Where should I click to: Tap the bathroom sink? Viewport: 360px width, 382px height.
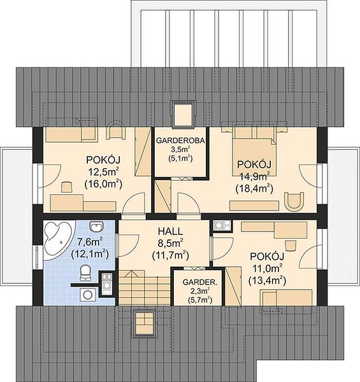click(97, 227)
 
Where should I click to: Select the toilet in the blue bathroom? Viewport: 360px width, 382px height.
click(85, 272)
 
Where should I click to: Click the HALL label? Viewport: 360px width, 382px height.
click(170, 231)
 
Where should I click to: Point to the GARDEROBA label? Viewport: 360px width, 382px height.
click(180, 141)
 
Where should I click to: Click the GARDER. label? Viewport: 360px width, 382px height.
click(199, 282)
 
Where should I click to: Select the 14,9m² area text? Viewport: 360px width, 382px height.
click(254, 176)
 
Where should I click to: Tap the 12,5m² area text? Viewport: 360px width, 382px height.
click(103, 172)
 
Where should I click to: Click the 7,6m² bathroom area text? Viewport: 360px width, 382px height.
click(90, 242)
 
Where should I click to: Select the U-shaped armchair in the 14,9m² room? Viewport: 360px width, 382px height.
click(295, 201)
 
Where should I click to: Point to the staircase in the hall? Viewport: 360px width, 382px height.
click(145, 287)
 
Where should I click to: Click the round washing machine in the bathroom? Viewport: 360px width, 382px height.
click(87, 295)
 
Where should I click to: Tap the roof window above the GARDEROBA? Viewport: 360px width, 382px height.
click(184, 114)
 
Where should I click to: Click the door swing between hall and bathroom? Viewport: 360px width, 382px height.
click(128, 245)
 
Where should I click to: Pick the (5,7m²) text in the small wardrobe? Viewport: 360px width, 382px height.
click(199, 300)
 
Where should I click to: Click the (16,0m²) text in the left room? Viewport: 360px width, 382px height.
click(103, 184)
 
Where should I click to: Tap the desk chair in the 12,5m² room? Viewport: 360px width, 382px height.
click(66, 187)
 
